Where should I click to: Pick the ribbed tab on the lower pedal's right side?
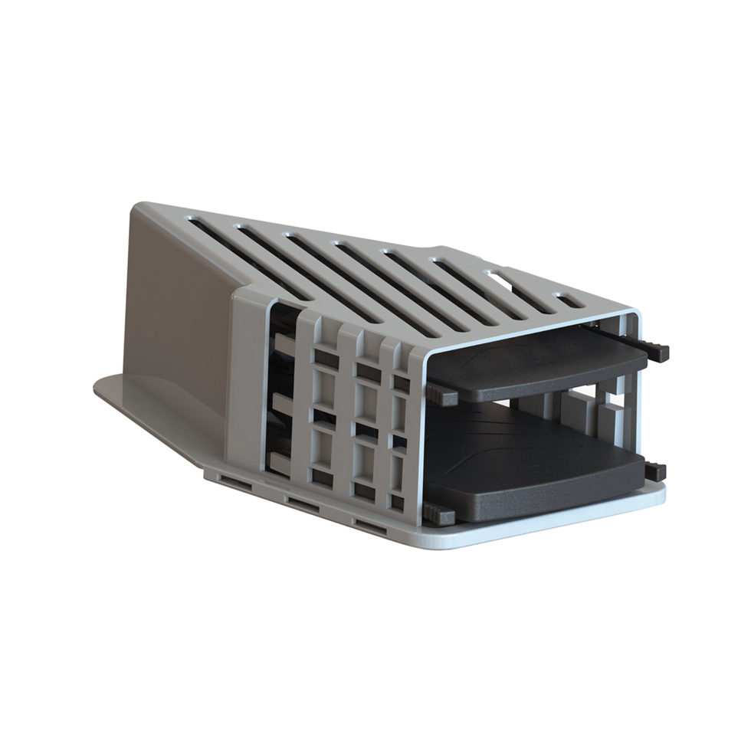tap(655, 472)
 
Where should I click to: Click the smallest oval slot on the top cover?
tap(568, 300)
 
